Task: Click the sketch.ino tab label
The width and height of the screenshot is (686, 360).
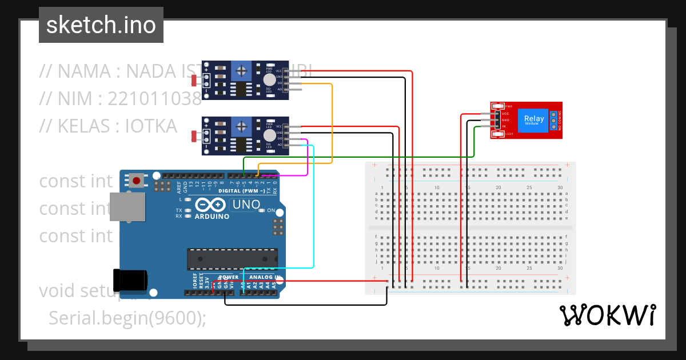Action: [101, 25]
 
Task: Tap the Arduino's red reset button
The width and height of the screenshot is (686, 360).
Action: [137, 181]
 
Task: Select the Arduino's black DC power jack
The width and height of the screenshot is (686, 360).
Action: [130, 280]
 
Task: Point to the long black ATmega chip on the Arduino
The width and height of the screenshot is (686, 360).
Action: [233, 258]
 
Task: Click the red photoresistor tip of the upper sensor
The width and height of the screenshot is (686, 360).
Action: [194, 81]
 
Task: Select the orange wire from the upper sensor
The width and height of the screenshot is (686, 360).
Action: [332, 126]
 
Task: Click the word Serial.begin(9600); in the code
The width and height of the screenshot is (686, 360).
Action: [127, 318]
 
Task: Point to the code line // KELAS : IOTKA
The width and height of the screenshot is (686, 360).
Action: [108, 126]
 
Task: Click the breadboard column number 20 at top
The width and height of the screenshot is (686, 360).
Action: [498, 187]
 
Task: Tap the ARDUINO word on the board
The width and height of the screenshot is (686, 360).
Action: [212, 217]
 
